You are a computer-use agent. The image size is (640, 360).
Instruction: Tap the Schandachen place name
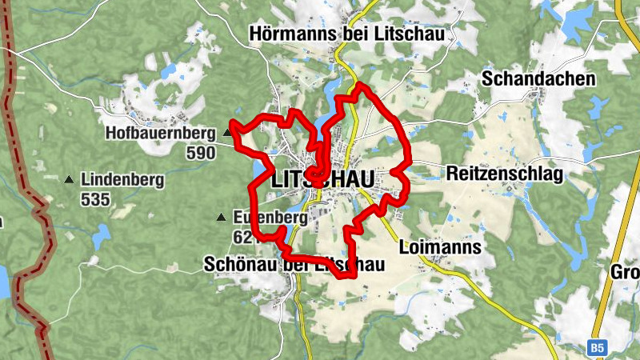[x=538, y=78]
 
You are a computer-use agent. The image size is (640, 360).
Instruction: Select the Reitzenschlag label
[x=506, y=174]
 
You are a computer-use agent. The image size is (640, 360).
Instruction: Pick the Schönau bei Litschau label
[x=294, y=265]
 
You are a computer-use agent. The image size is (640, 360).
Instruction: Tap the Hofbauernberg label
[x=160, y=133]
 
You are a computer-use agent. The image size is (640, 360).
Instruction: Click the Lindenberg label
[x=122, y=180]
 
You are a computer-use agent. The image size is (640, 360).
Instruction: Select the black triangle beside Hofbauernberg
[x=228, y=133]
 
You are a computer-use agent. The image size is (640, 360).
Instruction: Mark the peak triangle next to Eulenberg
[x=221, y=217]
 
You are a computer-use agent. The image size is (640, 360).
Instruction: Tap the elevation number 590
[x=200, y=152]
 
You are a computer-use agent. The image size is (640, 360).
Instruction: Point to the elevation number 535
[x=94, y=199]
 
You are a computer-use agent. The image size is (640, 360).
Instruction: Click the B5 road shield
[x=596, y=348]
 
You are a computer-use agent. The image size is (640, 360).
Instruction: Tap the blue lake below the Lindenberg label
[x=101, y=236]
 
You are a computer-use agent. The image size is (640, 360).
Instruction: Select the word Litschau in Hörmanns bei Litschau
[x=416, y=34]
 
